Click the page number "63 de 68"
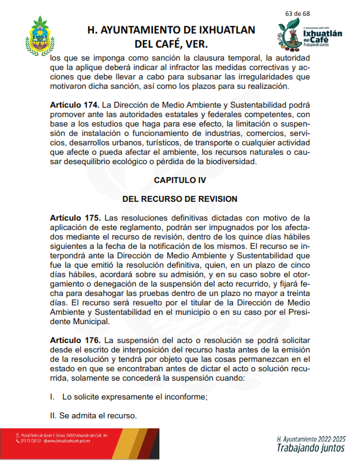(298, 13)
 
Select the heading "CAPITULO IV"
(180, 178)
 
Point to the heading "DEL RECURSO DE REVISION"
(180, 198)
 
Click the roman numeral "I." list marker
(52, 397)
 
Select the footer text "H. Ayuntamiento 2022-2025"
(311, 439)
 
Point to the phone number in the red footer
(30, 441)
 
